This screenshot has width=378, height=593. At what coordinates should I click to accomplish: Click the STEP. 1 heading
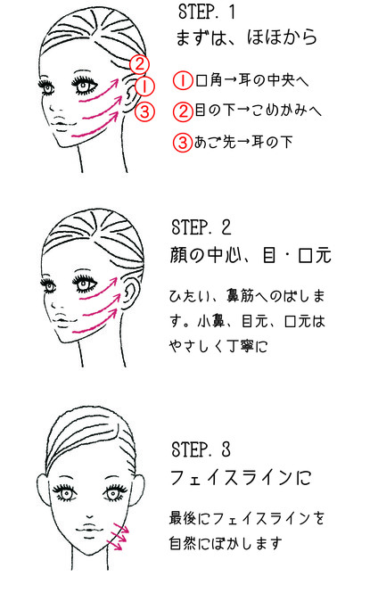(x=207, y=12)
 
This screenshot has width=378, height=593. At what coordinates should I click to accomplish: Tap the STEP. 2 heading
(x=201, y=227)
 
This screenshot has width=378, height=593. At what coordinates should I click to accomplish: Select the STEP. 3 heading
(x=201, y=449)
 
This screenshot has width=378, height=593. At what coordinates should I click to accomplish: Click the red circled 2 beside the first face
(x=139, y=64)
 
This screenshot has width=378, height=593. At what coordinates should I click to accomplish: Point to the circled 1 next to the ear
(x=144, y=86)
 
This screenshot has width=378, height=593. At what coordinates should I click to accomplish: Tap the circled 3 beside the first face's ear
(x=144, y=111)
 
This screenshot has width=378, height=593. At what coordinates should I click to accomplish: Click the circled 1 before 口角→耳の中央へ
(x=183, y=81)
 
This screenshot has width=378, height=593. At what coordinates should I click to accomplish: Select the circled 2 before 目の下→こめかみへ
(x=183, y=111)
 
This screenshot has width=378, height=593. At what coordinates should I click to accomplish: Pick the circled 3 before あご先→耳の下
(x=183, y=143)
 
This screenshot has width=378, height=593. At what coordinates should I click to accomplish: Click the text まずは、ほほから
(x=246, y=37)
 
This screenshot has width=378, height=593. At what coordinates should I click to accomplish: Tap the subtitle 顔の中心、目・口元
(x=251, y=255)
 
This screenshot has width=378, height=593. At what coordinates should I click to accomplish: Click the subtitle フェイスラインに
(x=241, y=478)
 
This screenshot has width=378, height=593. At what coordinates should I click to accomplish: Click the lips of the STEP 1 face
(x=62, y=125)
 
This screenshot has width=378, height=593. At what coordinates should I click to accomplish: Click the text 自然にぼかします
(x=226, y=543)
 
